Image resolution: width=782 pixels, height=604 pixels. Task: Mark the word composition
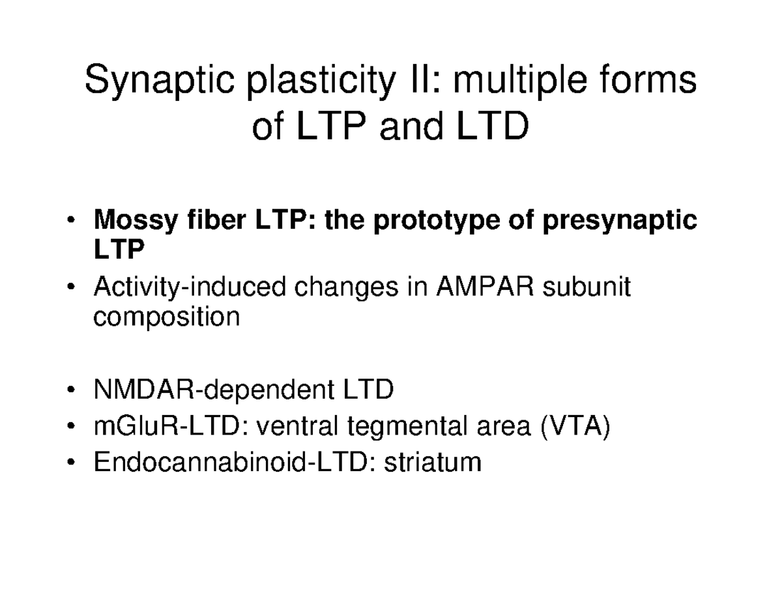(167, 318)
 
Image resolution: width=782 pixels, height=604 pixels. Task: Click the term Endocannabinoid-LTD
(234, 462)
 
